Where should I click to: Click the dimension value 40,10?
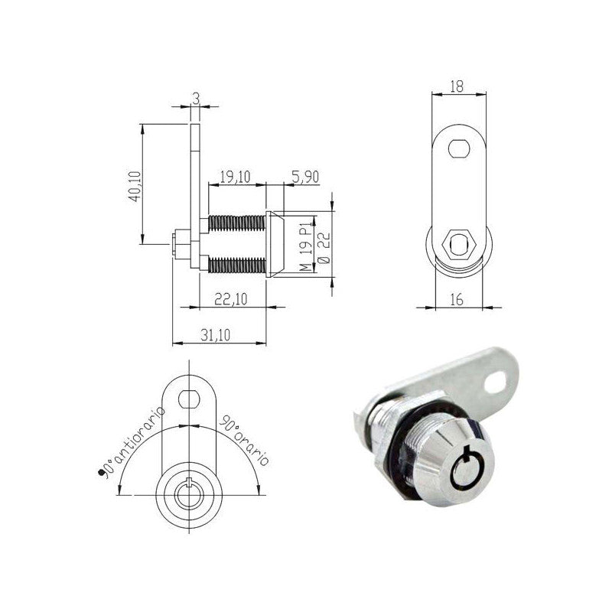tap(134, 185)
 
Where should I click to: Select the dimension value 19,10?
tap(235, 177)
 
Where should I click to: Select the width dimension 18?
tap(457, 86)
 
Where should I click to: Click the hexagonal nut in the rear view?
tap(458, 245)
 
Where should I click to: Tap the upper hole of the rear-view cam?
tap(458, 148)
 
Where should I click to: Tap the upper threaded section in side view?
tap(236, 223)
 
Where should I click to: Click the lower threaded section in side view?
tap(236, 265)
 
